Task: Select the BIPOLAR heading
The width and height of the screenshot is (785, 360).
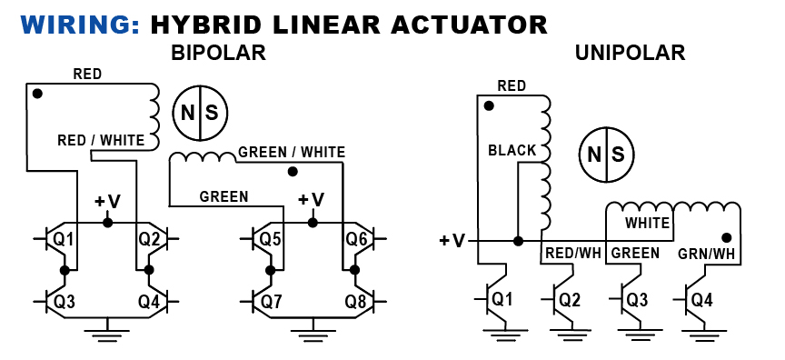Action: point(218,54)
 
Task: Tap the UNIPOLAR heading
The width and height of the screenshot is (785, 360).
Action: point(630,54)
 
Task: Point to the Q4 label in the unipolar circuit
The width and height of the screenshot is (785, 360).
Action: point(701,299)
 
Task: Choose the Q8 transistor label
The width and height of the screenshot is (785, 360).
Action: point(355,300)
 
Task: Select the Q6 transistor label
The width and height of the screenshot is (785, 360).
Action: point(355,239)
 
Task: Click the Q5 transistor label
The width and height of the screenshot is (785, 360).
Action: point(269,239)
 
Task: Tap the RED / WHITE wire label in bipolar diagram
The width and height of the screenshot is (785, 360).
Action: point(100,141)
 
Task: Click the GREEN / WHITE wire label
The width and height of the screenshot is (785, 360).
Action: point(291,153)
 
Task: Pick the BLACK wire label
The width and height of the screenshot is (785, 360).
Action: point(512,151)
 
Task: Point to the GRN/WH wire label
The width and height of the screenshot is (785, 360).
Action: point(707,253)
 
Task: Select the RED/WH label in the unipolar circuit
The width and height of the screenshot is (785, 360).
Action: point(572,253)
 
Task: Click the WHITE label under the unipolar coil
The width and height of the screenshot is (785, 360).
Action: point(646,222)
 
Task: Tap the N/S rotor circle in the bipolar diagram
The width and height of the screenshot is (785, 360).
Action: point(199,113)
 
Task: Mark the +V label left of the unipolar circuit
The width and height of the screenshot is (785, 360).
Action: point(452,241)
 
